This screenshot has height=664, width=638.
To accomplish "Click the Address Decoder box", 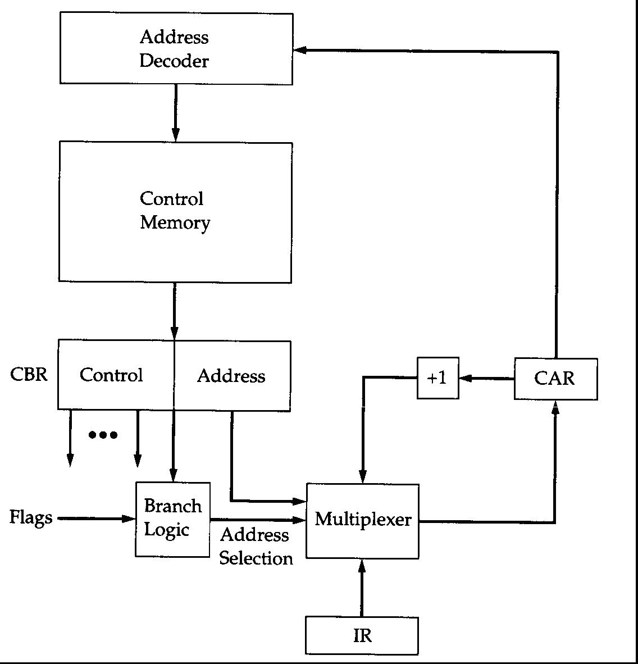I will point(176,49).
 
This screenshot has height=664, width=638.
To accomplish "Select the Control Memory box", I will point(175,211).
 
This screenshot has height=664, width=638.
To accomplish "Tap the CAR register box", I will point(555,379).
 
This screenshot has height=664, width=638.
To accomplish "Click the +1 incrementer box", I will point(438,378).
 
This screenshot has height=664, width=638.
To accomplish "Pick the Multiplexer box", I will point(362,521).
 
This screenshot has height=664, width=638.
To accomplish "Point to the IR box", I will point(362,635).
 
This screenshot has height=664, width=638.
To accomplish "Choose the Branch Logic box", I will point(172,519).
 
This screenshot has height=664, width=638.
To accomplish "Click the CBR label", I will point(29,374).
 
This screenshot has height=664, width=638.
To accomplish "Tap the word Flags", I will point(31,517).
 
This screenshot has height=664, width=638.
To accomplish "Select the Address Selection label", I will point(256,546).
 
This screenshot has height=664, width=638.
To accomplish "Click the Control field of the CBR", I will point(112,375).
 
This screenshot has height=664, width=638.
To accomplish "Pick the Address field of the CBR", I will point(231,376).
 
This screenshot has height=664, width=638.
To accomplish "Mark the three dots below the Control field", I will point(103,434).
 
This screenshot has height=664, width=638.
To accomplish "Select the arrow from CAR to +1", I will point(486,379).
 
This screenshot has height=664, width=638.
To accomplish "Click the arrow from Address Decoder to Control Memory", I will point(175,112).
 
